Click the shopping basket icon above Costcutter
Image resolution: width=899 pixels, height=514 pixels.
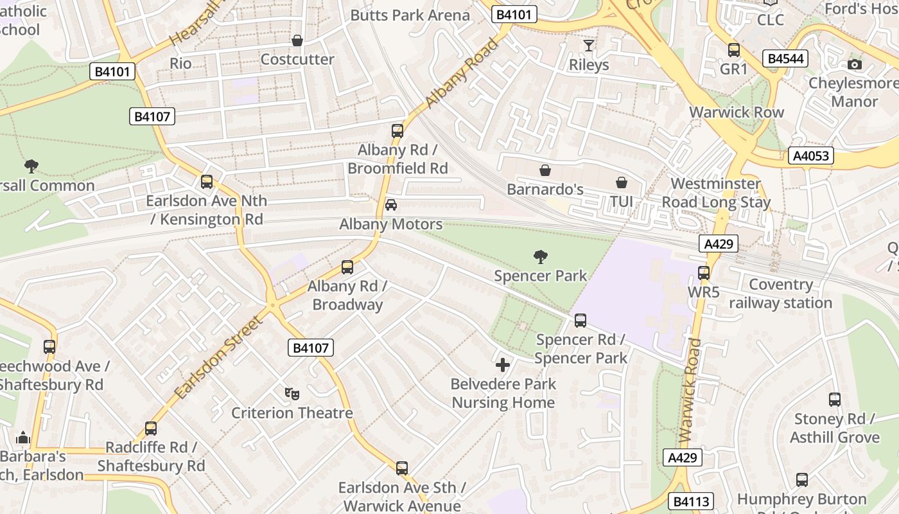click(297, 40)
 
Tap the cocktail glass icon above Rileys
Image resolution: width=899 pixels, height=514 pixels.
click(588, 45)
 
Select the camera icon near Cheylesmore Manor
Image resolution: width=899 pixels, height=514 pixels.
click(854, 64)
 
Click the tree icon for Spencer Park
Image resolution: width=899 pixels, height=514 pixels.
click(541, 257)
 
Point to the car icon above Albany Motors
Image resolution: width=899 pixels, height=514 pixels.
click(390, 205)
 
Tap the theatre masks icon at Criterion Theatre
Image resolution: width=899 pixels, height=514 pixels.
click(292, 393)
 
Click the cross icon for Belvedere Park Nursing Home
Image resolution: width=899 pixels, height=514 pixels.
click(503, 365)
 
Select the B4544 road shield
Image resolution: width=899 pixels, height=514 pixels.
click(785, 59)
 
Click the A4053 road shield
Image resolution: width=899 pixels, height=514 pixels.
click(810, 155)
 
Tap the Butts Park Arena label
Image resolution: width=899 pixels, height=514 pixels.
click(410, 15)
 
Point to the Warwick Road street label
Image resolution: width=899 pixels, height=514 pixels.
click(690, 391)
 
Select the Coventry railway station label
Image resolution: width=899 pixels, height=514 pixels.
click(780, 294)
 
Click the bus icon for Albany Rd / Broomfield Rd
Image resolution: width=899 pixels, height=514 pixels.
click(397, 131)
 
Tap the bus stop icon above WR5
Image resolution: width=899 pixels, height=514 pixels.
click(704, 273)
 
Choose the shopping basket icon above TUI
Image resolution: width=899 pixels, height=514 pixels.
click(621, 182)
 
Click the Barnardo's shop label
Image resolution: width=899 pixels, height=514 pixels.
click(545, 189)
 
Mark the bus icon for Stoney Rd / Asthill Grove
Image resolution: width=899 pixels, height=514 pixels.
click(834, 400)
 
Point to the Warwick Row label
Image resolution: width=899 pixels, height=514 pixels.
click(737, 112)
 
